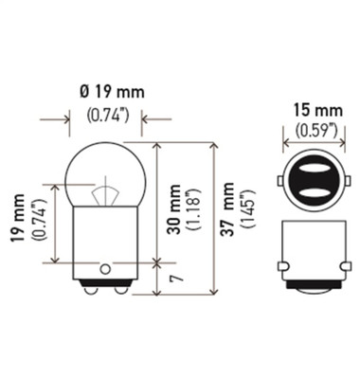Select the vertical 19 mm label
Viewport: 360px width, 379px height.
[x=19, y=217]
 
